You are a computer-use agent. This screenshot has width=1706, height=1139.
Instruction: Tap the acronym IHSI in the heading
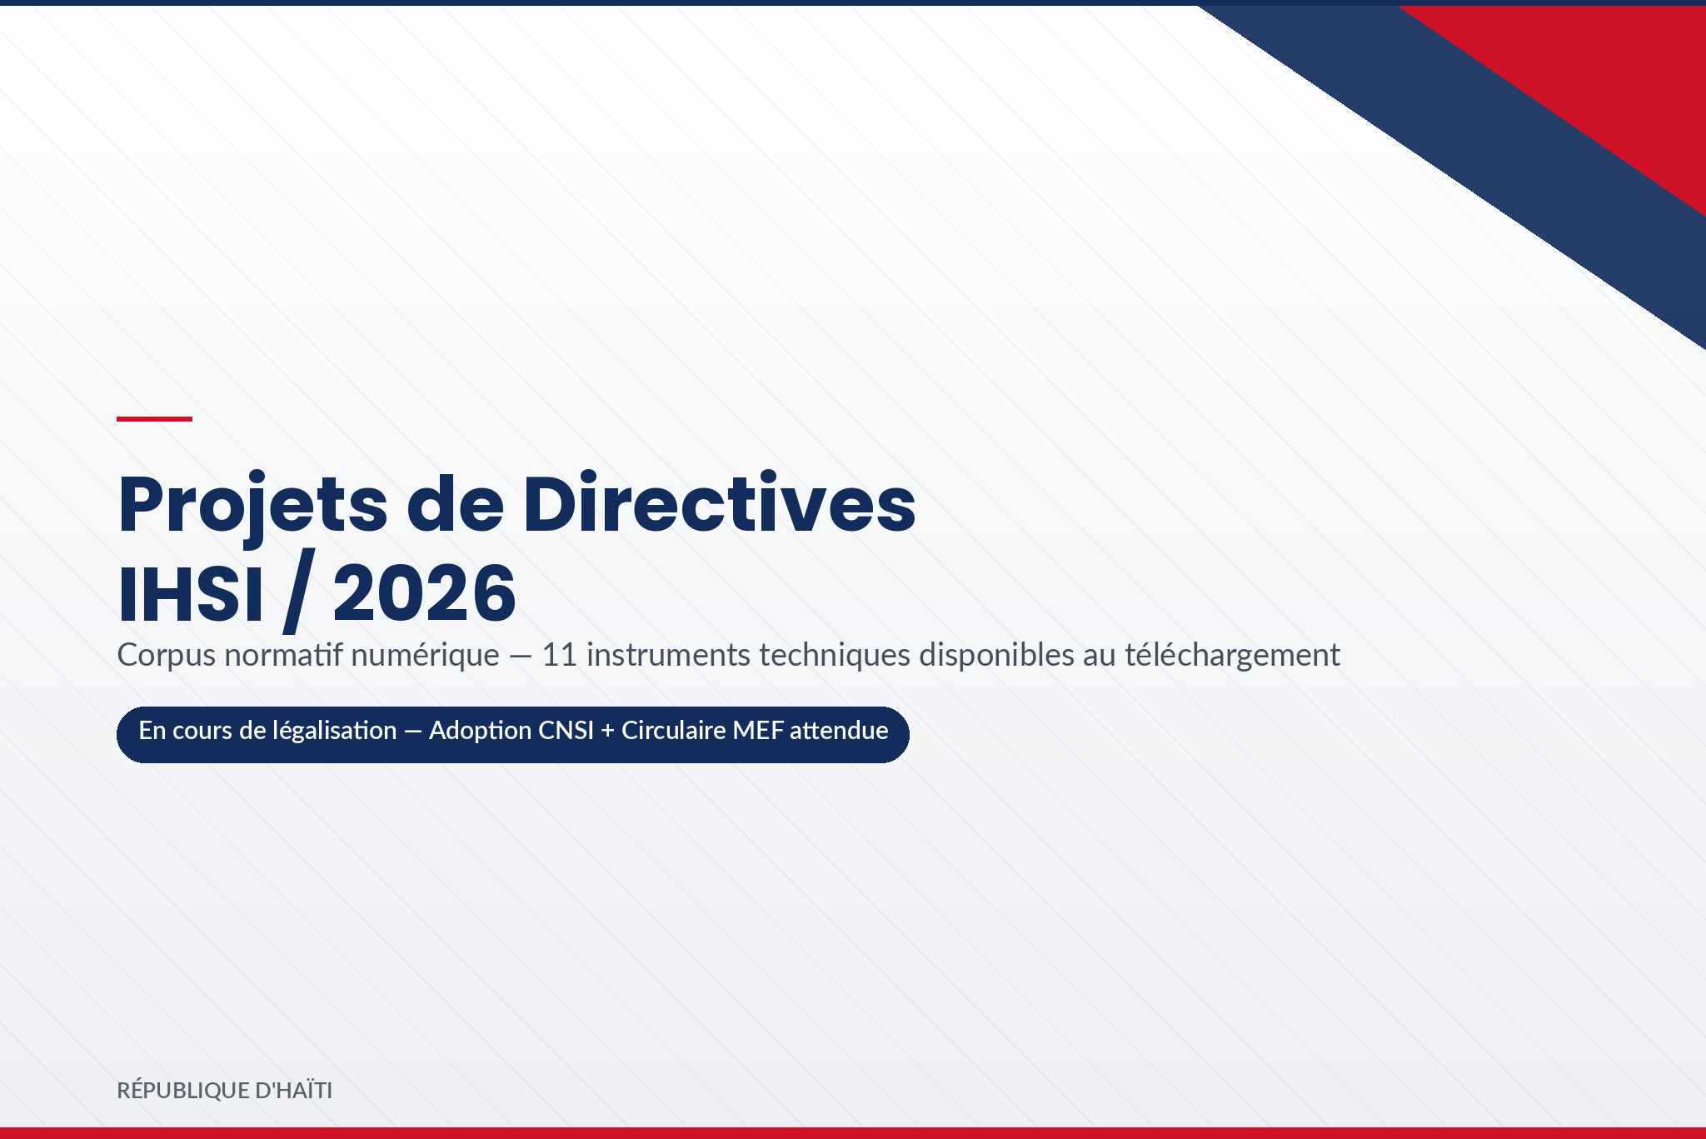point(191,594)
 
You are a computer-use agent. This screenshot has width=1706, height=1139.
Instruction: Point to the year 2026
point(425,593)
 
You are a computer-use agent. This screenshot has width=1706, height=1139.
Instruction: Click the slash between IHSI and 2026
point(298,591)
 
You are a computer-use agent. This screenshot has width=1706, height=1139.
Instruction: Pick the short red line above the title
point(154,419)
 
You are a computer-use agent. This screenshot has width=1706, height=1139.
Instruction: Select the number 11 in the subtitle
point(559,655)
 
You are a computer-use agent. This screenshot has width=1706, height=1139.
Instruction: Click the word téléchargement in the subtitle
point(1232,656)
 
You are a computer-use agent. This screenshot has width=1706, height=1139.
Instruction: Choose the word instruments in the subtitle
point(669,655)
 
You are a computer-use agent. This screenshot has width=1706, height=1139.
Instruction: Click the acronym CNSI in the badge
point(566,731)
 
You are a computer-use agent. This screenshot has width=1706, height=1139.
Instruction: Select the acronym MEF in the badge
point(758,731)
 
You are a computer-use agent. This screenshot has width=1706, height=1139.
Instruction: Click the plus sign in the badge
point(607,732)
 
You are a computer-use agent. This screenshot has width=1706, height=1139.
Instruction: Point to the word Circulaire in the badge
point(674,731)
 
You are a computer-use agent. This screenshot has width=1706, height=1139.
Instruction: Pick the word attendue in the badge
point(839,731)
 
